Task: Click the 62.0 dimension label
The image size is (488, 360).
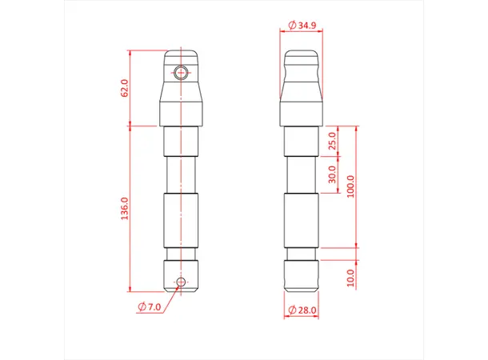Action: (125, 88)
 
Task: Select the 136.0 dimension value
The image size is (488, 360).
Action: (125, 209)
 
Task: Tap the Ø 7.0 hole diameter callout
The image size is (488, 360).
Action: (150, 307)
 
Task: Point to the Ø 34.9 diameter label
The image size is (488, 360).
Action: (302, 25)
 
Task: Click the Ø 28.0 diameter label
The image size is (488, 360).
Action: (302, 310)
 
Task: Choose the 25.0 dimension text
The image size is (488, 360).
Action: (332, 141)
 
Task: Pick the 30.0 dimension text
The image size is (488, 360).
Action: (332, 174)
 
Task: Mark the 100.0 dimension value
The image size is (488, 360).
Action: (350, 186)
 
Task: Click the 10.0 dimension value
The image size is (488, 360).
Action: (350, 278)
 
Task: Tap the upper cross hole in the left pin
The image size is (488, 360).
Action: (181, 73)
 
